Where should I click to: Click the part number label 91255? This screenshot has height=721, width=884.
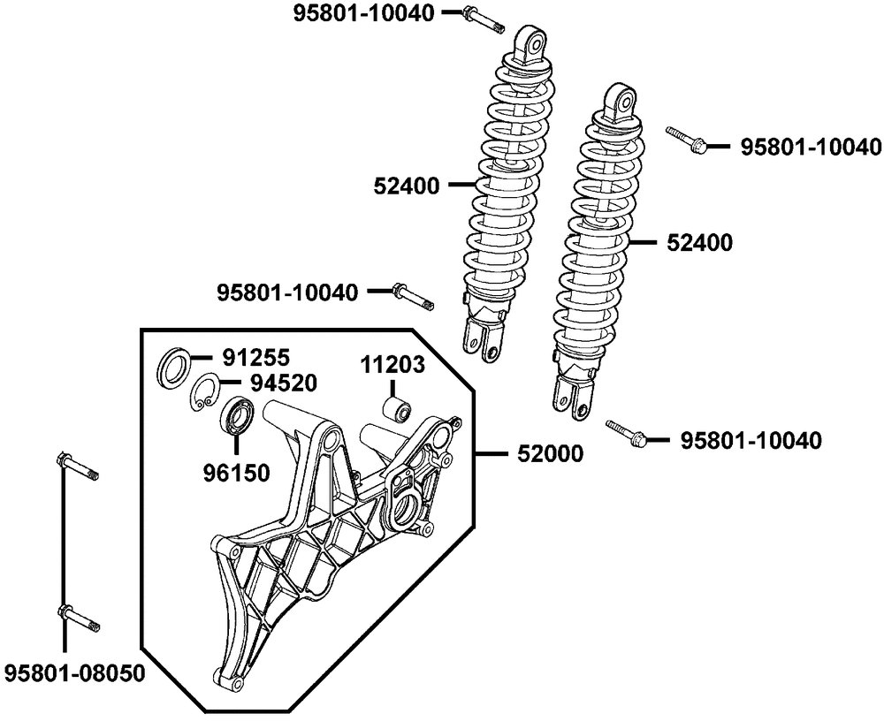(x=255, y=357)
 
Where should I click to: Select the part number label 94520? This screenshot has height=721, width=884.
(x=284, y=383)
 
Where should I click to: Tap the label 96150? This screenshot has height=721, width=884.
(x=237, y=473)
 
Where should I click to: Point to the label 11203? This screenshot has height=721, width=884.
(x=392, y=365)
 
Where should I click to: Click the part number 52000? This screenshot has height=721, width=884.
(x=550, y=453)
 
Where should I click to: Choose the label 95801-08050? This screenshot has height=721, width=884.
(x=74, y=672)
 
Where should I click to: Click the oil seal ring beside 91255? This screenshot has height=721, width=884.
(x=173, y=368)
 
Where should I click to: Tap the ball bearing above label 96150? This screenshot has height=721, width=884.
(x=237, y=415)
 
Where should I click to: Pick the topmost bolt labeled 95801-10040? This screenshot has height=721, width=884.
(x=484, y=20)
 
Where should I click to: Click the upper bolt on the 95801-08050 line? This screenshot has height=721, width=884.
(x=78, y=467)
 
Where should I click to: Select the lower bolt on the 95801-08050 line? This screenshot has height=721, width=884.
(x=78, y=619)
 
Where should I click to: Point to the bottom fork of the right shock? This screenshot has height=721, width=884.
(x=570, y=395)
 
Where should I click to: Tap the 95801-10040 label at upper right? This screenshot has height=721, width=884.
(x=810, y=147)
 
